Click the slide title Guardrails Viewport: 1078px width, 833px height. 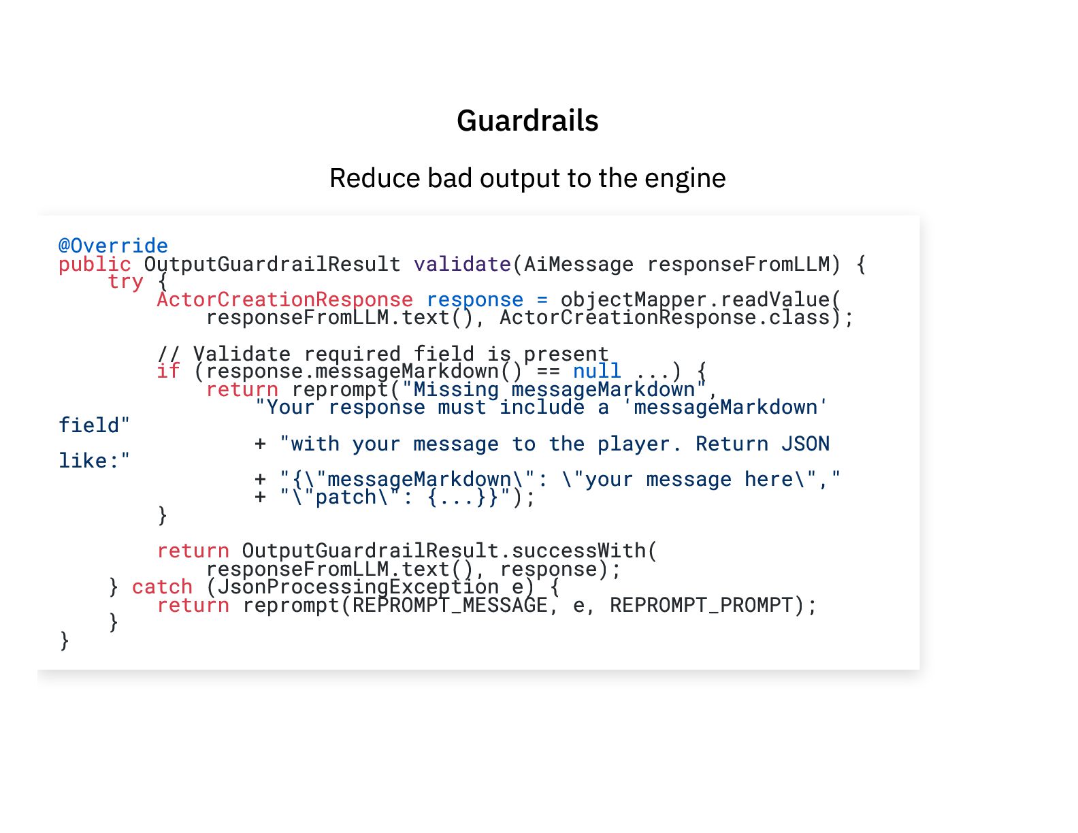(x=527, y=121)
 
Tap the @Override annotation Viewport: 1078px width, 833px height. (x=113, y=246)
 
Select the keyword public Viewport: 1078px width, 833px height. (x=95, y=264)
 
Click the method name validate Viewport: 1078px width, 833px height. (x=462, y=264)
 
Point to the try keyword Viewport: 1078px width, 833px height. (x=125, y=282)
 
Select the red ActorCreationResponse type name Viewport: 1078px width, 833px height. (x=284, y=299)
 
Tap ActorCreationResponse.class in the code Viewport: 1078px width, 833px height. (x=665, y=318)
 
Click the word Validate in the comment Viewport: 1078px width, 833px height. (x=242, y=354)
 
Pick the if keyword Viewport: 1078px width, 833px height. (x=168, y=372)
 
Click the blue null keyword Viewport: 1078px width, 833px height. (x=597, y=372)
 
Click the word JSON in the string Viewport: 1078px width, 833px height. (x=805, y=444)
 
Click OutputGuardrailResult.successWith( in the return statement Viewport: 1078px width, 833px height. (x=449, y=551)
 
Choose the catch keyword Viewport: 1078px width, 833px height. (x=162, y=587)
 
